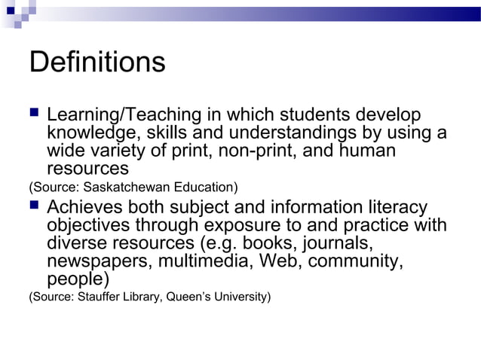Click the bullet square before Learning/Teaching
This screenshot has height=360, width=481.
click(x=34, y=115)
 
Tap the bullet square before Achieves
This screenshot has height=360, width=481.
click(x=34, y=206)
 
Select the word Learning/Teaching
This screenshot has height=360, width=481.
click(x=120, y=117)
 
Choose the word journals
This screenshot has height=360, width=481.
click(x=340, y=243)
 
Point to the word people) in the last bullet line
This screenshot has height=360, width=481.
click(x=78, y=279)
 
